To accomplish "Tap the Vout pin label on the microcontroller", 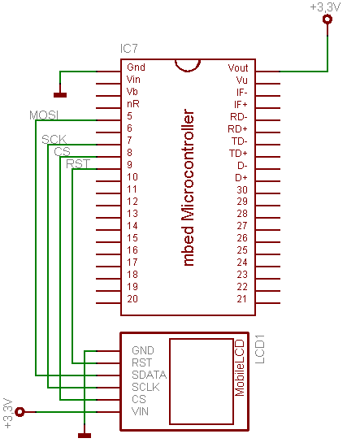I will tap(238, 67).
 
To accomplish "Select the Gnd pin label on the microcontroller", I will tap(136, 67).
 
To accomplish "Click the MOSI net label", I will tap(43, 115).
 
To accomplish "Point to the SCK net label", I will tap(54, 140).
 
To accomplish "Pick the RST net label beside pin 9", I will tap(79, 164).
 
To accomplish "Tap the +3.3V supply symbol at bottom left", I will tap(21, 412).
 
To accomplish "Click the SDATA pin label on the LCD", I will tap(149, 375).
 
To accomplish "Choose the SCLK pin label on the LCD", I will tap(146, 388).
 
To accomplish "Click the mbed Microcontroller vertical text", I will tap(189, 186).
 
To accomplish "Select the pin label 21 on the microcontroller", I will tap(241, 299).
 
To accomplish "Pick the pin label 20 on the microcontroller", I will tap(132, 299).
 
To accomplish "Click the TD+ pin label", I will tap(238, 153).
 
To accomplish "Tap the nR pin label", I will tap(132, 104).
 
